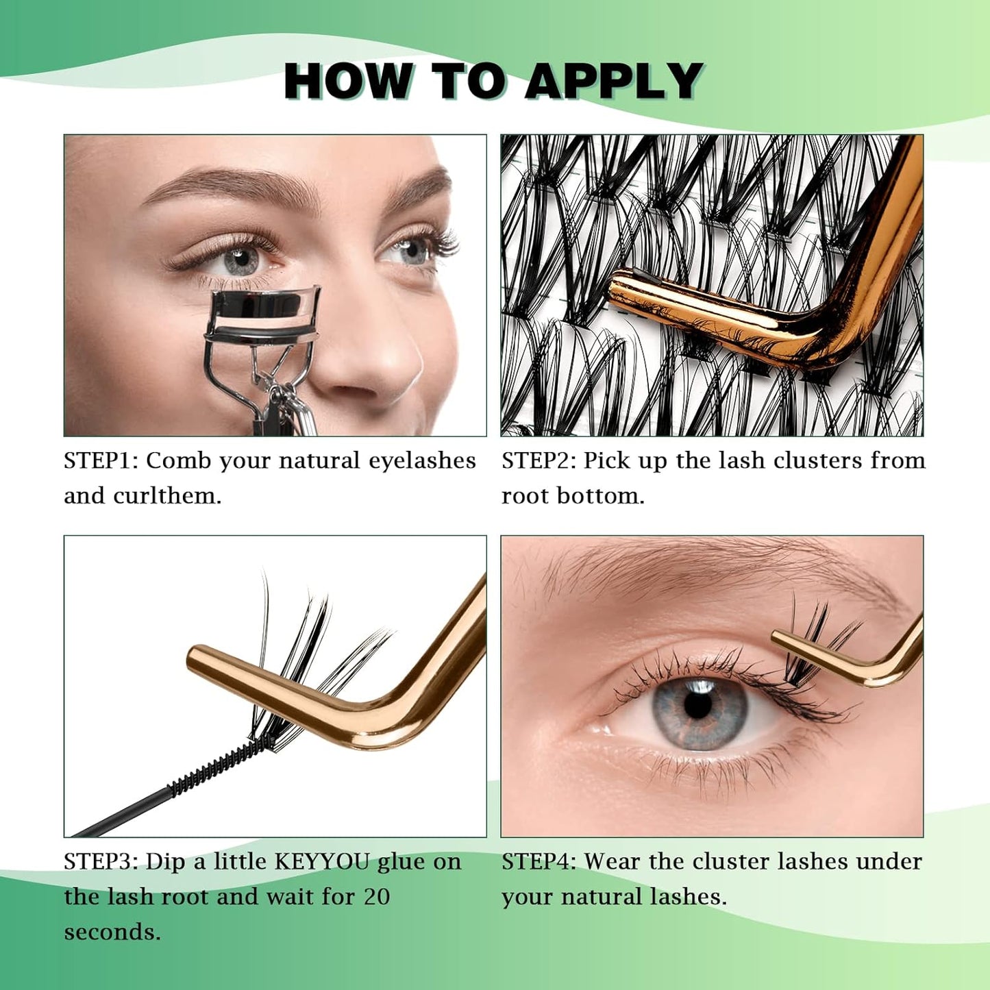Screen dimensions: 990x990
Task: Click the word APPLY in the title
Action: [x=613, y=82]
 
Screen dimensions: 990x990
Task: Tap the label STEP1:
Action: [x=101, y=460]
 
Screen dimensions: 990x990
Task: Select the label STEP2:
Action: [x=539, y=460]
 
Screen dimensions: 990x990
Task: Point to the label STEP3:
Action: [x=101, y=861]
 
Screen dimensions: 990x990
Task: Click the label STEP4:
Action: [x=539, y=861]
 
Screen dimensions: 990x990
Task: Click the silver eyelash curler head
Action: [x=262, y=315]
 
